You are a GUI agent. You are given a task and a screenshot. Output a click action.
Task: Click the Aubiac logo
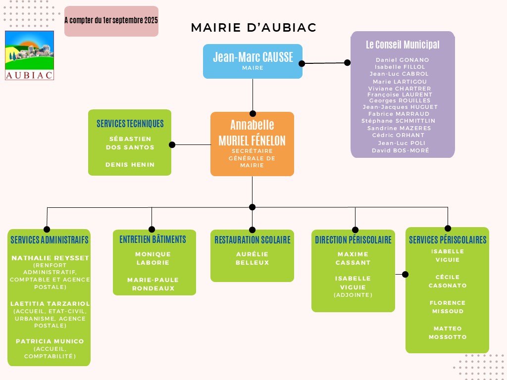tap(29, 55)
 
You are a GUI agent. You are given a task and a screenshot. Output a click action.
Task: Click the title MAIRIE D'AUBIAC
tap(253, 28)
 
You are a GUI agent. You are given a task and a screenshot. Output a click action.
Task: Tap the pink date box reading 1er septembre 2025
tap(111, 21)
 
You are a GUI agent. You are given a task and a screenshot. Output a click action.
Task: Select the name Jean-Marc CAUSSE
tap(253, 57)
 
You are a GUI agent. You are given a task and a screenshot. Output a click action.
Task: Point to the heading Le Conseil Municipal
tap(403, 45)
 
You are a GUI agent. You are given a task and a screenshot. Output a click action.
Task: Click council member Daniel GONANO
tap(403, 60)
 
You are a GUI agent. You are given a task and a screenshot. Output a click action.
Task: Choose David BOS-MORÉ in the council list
tap(401, 150)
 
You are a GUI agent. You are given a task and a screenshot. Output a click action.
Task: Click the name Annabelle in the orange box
tap(252, 125)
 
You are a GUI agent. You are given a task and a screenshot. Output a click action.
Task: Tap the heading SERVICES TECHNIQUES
tap(130, 124)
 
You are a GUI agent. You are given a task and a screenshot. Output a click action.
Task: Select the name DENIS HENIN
tap(130, 165)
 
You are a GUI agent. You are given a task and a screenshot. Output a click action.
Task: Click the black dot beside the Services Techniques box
tap(172, 145)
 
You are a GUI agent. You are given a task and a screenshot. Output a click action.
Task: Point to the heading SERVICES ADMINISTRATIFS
tap(50, 240)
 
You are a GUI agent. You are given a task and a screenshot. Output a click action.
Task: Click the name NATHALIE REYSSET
tap(50, 258)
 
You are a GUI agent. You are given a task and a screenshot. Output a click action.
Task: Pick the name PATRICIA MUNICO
tap(50, 341)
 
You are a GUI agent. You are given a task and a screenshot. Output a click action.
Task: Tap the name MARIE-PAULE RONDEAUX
tap(153, 284)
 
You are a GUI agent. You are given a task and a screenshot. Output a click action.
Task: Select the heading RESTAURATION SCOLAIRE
tap(252, 240)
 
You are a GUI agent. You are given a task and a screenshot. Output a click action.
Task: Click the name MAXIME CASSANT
tap(353, 258)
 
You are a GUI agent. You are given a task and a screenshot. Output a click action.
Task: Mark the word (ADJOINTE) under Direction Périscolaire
tap(353, 295)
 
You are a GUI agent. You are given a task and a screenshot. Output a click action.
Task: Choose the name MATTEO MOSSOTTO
tap(448, 332)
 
